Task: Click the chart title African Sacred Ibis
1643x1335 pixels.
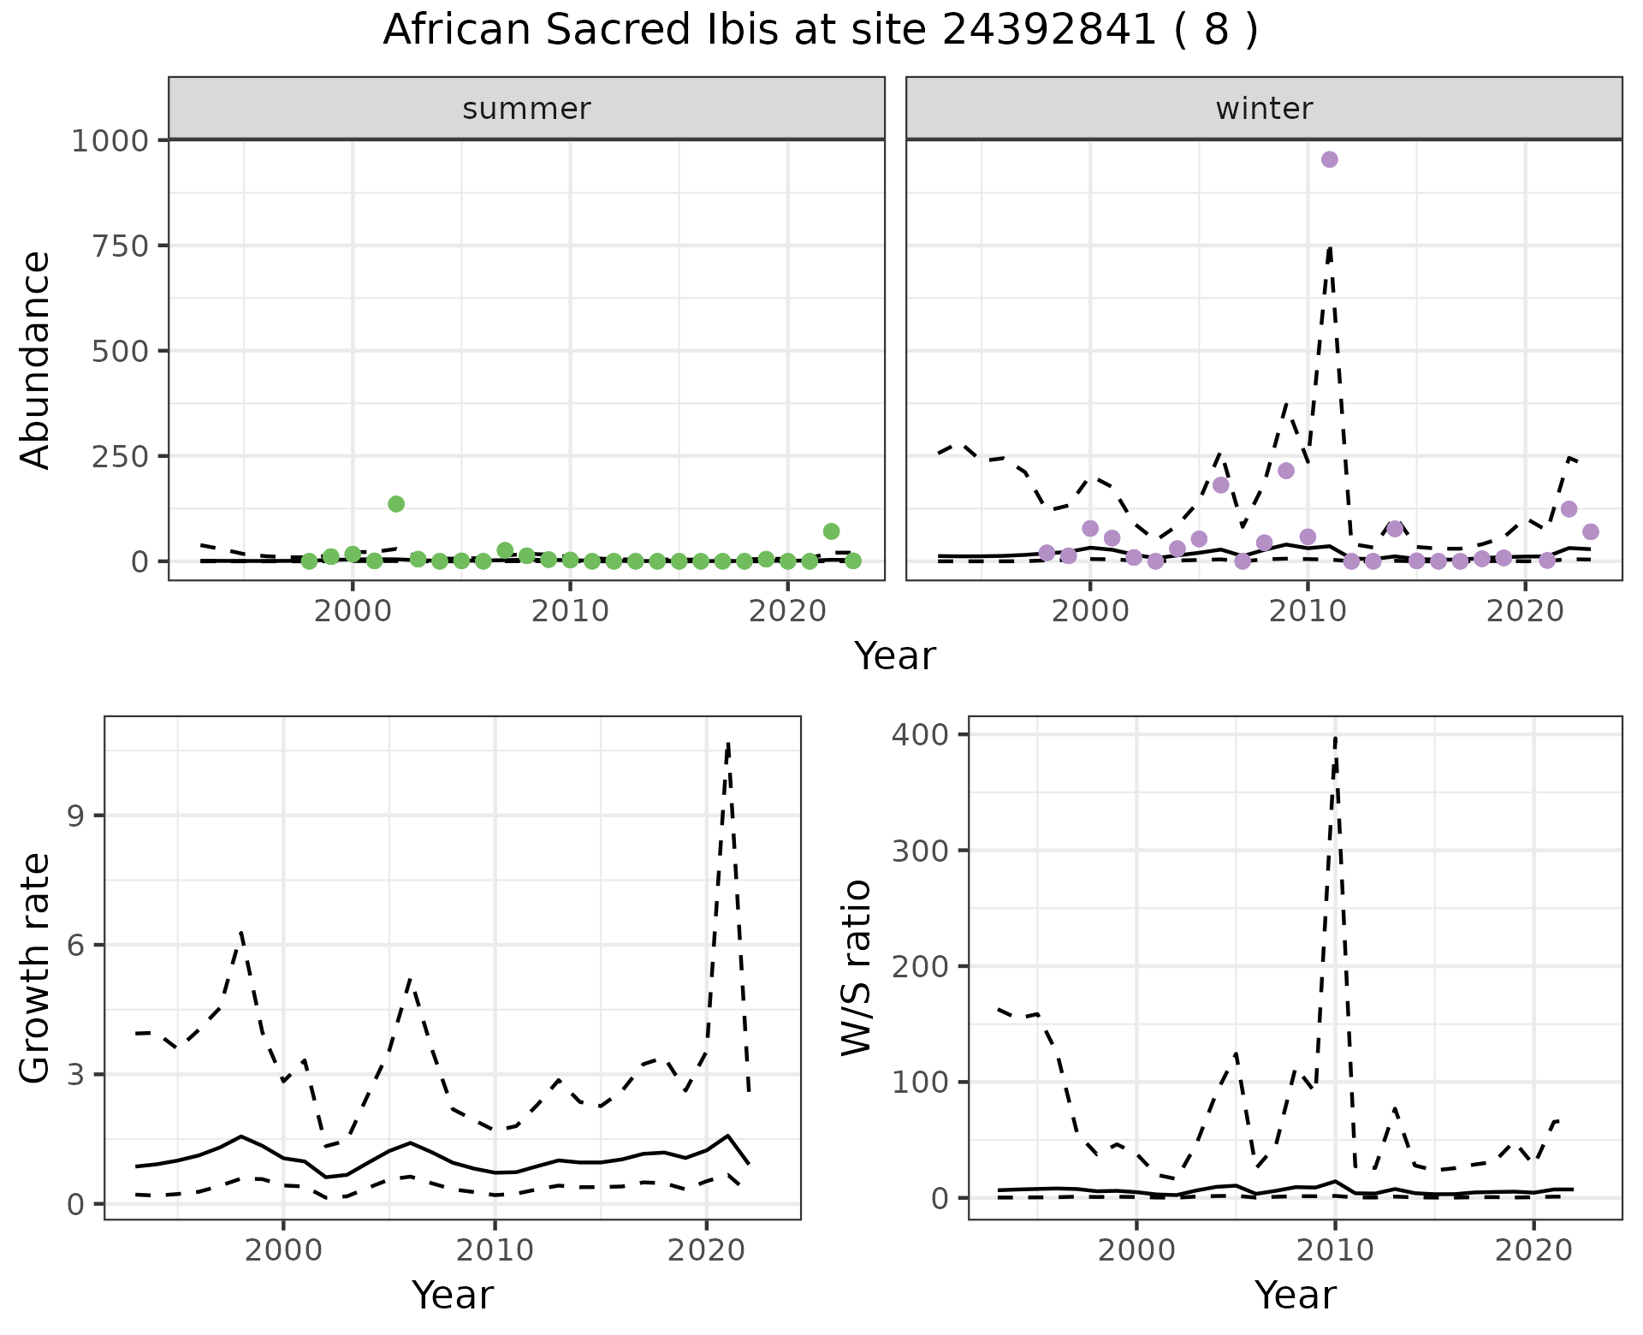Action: tap(820, 31)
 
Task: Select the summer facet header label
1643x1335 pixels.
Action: tap(526, 109)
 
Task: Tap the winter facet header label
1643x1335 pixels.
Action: tap(1264, 109)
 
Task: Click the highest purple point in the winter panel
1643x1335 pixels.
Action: tap(1329, 160)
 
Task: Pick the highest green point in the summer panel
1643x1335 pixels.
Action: tap(396, 504)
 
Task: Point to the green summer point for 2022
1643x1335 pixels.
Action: tap(831, 531)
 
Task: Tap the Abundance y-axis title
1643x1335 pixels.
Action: tap(36, 359)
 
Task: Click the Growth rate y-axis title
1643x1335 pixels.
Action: tap(36, 969)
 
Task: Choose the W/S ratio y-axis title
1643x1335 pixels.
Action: tap(856, 967)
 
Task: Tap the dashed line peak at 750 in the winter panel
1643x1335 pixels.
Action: tap(1330, 246)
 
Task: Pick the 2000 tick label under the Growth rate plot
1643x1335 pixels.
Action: tap(283, 1250)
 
